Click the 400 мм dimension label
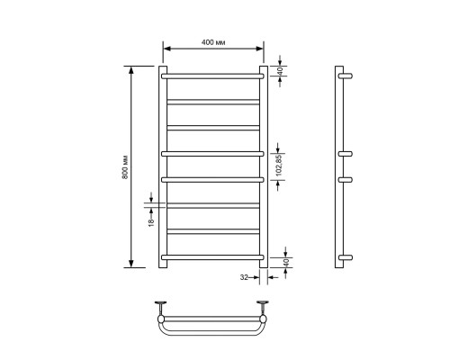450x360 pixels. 212,42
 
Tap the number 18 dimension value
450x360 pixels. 150,217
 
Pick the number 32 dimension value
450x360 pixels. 244,279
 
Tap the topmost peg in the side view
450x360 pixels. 346,76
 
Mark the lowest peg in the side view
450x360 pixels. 346,258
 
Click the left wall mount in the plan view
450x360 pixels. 161,307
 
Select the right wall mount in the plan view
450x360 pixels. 265,307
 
